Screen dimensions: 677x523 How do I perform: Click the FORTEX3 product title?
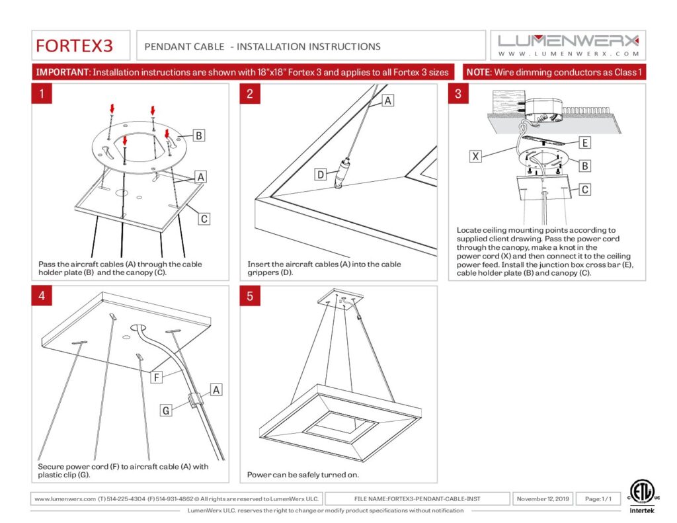pos(74,46)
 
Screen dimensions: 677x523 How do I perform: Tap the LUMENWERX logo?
pos(568,46)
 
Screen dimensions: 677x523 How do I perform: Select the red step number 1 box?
pos(42,94)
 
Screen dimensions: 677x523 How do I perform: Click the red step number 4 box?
pos(42,296)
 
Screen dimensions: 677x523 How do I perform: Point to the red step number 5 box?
pos(250,296)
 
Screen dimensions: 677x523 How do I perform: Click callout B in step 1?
pos(198,136)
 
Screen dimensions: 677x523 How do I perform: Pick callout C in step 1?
pos(204,219)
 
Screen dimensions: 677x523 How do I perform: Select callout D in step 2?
pos(321,175)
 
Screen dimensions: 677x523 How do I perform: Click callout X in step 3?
pos(475,156)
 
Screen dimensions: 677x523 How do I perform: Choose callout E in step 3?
pos(584,143)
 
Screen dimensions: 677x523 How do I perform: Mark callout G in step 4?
pos(166,410)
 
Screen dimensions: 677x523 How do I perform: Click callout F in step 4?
pos(156,378)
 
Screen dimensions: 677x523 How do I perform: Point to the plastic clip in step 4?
pos(195,399)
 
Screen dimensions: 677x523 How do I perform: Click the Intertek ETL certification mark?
pos(641,497)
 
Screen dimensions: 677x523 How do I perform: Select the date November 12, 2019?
pos(543,499)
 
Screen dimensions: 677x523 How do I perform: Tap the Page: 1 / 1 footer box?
pos(598,499)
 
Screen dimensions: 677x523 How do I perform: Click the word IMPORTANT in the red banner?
pos(63,72)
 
